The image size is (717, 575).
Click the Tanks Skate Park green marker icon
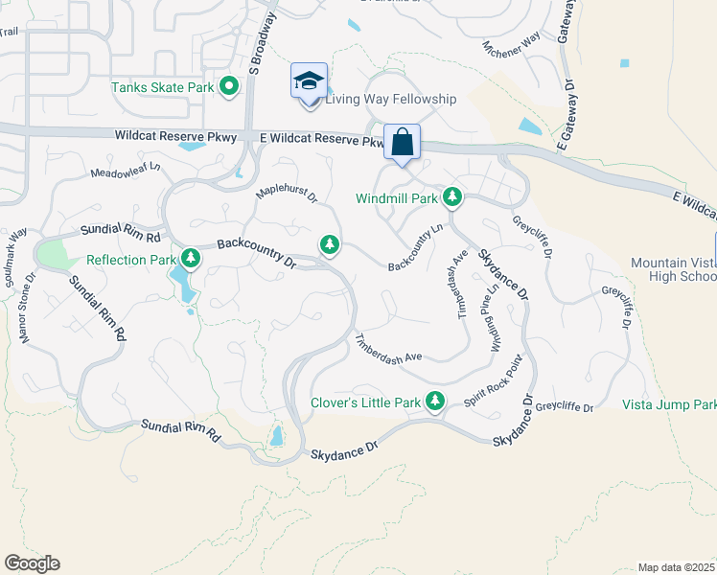[229, 88]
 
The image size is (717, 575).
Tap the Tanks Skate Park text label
[162, 87]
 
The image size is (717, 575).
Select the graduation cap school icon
[310, 80]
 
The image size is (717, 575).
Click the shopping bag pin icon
[403, 142]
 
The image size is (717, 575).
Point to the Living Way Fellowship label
[391, 99]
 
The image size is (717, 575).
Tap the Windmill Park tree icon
[452, 198]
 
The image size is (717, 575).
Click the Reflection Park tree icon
[192, 259]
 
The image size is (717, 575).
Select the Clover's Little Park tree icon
[435, 401]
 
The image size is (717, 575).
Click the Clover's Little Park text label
[365, 402]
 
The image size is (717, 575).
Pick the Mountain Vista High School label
[673, 269]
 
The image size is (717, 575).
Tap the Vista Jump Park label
[670, 405]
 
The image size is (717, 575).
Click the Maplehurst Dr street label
[286, 194]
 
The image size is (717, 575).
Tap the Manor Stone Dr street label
[26, 311]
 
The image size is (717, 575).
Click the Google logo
[32, 563]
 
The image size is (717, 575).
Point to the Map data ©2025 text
[675, 567]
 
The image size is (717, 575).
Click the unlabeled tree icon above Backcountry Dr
[331, 246]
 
